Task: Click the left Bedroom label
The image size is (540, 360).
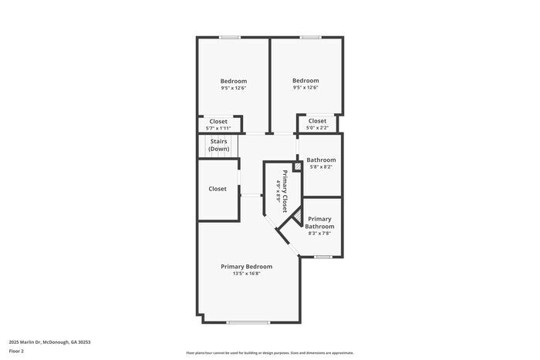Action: [x=233, y=82]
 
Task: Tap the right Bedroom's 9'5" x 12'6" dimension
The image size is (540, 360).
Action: [x=305, y=88]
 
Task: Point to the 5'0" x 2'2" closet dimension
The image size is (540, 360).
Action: [x=317, y=128]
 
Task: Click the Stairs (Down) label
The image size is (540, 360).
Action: [x=218, y=145]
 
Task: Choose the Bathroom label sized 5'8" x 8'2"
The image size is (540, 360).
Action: [x=321, y=160]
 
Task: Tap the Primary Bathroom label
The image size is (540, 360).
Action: [x=319, y=222]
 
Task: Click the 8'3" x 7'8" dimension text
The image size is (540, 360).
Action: [x=319, y=234]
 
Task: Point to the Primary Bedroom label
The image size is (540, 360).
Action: [x=247, y=266]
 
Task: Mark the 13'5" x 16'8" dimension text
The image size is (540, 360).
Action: [x=247, y=274]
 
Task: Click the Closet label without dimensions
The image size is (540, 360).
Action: [x=218, y=189]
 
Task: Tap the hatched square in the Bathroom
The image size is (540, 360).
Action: [x=297, y=165]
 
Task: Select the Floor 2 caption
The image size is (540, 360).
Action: [x=17, y=352]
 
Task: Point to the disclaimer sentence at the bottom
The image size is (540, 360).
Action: [x=269, y=352]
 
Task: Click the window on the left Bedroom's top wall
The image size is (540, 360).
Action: [x=229, y=37]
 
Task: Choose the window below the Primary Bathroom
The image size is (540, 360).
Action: [x=322, y=257]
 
